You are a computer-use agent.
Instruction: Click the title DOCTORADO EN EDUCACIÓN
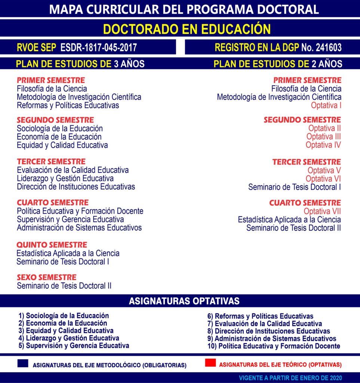click(187, 29)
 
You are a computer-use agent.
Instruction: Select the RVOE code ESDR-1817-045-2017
click(98, 48)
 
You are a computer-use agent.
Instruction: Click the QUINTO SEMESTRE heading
click(52, 245)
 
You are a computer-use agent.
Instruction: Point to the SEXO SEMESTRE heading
click(46, 278)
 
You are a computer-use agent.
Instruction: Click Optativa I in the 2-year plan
click(326, 105)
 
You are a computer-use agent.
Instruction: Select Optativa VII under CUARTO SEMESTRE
click(322, 211)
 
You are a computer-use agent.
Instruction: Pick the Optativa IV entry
click(323, 145)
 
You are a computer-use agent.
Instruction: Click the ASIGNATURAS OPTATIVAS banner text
click(184, 301)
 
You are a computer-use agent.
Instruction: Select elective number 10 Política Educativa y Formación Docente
click(274, 346)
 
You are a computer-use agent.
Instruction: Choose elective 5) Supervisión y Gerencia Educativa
click(74, 346)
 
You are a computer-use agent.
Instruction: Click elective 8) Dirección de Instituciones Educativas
click(268, 331)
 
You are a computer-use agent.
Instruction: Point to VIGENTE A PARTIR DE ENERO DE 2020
click(290, 378)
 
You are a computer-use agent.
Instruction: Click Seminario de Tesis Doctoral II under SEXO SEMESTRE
click(64, 286)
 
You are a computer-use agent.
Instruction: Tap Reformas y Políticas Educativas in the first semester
click(68, 105)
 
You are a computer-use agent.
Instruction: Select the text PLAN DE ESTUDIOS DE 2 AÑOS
click(278, 64)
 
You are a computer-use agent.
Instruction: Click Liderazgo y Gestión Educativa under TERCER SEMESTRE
click(65, 178)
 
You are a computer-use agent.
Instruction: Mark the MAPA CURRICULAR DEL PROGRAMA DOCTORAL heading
click(184, 9)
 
